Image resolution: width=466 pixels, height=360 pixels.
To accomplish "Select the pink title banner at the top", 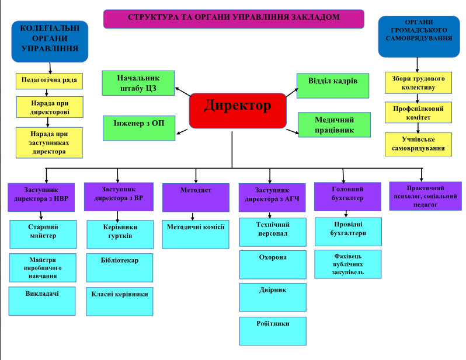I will coord(234,19).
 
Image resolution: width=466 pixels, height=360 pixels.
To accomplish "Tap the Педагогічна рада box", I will coord(50,80).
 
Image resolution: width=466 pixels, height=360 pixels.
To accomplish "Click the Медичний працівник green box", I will coord(335,124).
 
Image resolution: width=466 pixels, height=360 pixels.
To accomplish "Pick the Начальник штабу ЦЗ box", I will coord(138,83).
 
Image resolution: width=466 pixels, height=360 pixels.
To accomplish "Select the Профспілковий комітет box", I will coord(418,112).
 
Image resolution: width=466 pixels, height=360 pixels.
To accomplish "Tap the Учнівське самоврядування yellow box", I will coord(418,144).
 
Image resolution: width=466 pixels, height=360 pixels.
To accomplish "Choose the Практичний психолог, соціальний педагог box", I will coord(425,195).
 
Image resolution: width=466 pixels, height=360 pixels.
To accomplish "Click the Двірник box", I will coord(273,297).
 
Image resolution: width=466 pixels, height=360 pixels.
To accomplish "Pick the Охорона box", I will coord(273,264).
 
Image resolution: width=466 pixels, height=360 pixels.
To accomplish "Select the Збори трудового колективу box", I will coord(418,82).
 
